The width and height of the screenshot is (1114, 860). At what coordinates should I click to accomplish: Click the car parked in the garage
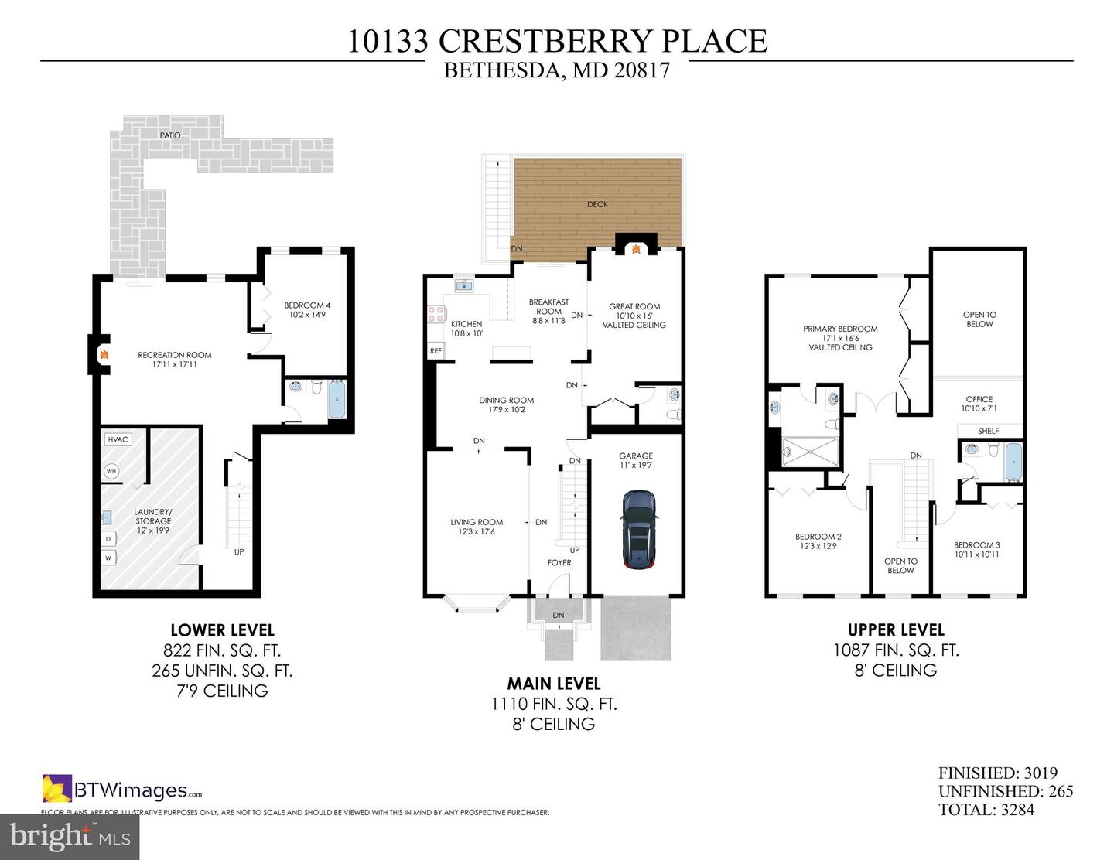click(639, 530)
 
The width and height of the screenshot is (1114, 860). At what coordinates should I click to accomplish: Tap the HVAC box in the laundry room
click(118, 439)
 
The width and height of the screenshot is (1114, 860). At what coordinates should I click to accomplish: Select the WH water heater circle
click(111, 471)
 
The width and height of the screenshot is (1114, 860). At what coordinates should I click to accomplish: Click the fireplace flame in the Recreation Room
click(101, 355)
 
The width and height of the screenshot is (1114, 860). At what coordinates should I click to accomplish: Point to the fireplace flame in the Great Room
click(636, 249)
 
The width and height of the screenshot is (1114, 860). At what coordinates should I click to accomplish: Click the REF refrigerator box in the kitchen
click(436, 351)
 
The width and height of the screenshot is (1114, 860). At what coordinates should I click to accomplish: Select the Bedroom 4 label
click(307, 310)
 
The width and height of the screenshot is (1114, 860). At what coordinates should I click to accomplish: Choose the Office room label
click(979, 404)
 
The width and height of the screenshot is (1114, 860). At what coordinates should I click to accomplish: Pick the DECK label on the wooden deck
click(597, 204)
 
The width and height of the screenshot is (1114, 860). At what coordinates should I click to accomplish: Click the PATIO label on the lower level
click(170, 135)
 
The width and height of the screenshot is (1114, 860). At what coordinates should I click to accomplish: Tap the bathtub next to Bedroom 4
click(337, 398)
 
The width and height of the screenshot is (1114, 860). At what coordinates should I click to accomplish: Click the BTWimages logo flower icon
click(56, 790)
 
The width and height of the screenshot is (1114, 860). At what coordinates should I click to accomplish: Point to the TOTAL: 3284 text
click(986, 810)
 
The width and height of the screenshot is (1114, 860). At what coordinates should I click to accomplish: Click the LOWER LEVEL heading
click(222, 630)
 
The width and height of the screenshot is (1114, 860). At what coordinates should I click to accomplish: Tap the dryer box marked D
click(108, 538)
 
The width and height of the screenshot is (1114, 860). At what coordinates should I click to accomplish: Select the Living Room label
click(477, 527)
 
